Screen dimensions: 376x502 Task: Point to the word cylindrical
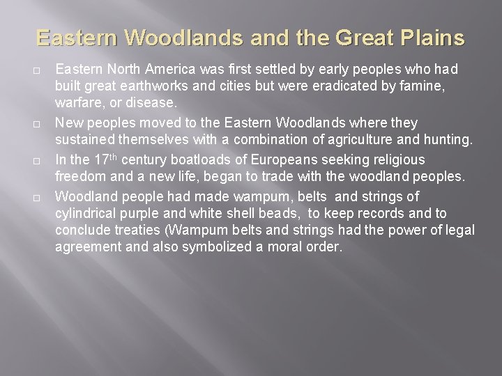(89, 212)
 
